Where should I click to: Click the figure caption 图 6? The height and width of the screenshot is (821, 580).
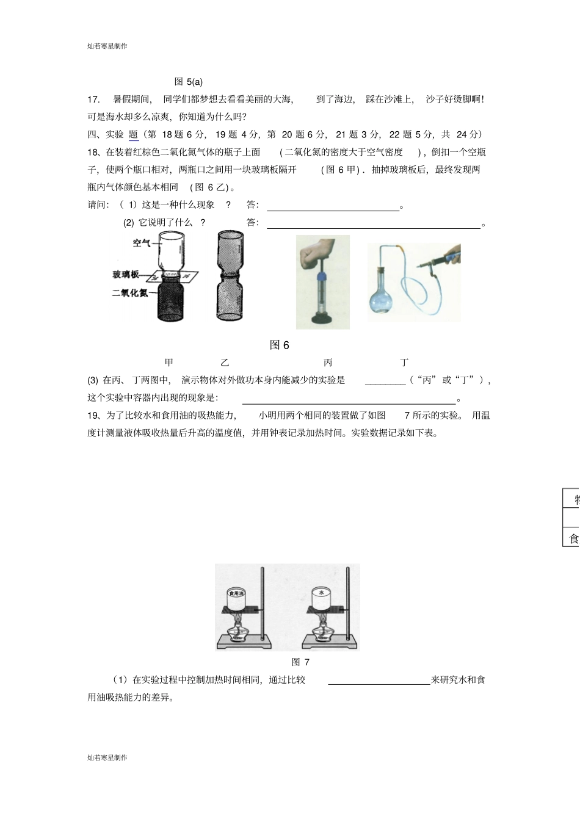(279, 345)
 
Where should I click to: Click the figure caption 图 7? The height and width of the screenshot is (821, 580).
(300, 662)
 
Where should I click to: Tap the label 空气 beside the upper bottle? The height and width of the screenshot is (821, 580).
(142, 243)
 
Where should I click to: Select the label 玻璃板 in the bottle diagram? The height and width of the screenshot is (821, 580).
(126, 274)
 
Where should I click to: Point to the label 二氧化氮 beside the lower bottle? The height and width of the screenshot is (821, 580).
(129, 293)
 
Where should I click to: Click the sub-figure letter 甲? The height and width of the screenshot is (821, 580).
(169, 363)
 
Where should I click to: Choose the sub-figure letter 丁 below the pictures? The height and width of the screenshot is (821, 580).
(404, 363)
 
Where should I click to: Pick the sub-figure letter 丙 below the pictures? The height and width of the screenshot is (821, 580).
(328, 363)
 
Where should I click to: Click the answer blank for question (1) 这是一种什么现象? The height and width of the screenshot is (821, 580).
(333, 206)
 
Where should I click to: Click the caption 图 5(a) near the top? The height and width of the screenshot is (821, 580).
(188, 82)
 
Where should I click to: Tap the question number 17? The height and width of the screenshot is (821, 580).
(93, 99)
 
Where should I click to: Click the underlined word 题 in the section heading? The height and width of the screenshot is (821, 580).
(134, 135)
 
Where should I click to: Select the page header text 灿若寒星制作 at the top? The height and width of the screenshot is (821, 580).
(107, 46)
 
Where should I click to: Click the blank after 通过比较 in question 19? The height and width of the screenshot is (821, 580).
(379, 680)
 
